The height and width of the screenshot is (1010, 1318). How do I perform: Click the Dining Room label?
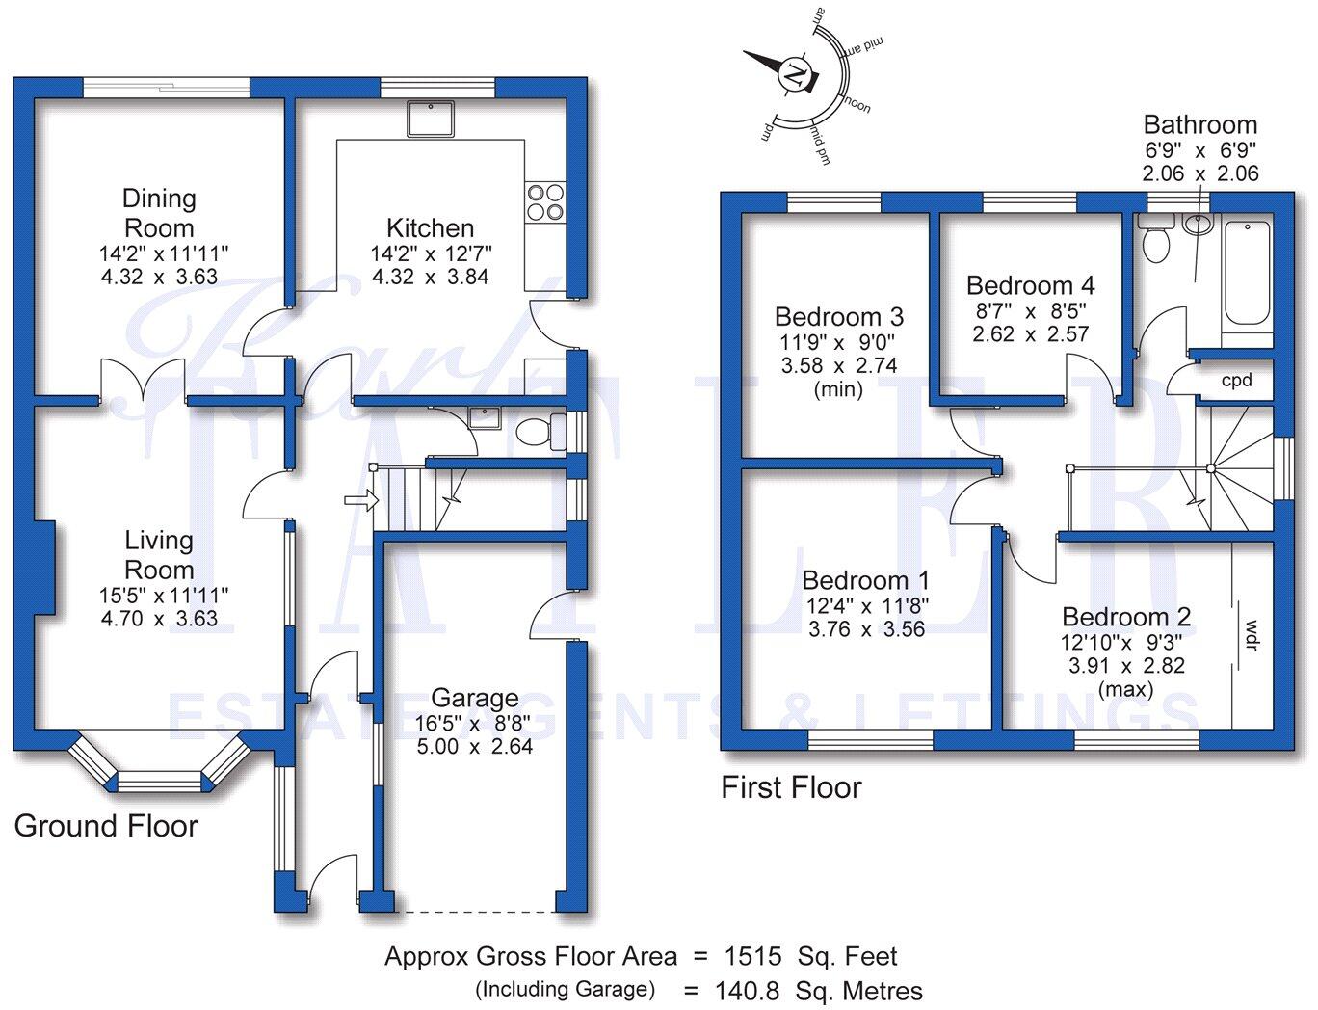[x=159, y=213]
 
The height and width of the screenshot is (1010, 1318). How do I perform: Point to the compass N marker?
[x=794, y=74]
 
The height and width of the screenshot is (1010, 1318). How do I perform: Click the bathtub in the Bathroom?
[x=1247, y=275]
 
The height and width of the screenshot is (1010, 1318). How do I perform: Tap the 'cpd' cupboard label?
[x=1236, y=380]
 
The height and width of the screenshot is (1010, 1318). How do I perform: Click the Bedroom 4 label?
[x=1030, y=285]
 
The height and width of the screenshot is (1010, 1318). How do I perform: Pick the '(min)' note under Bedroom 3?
[x=838, y=389]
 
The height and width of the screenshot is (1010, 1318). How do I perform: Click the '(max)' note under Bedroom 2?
[x=1125, y=689]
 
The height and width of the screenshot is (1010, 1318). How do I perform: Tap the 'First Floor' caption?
[x=791, y=787]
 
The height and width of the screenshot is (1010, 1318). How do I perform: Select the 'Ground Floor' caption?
[x=106, y=826]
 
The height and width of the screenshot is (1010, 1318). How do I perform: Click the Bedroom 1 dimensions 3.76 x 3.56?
[x=866, y=629]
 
